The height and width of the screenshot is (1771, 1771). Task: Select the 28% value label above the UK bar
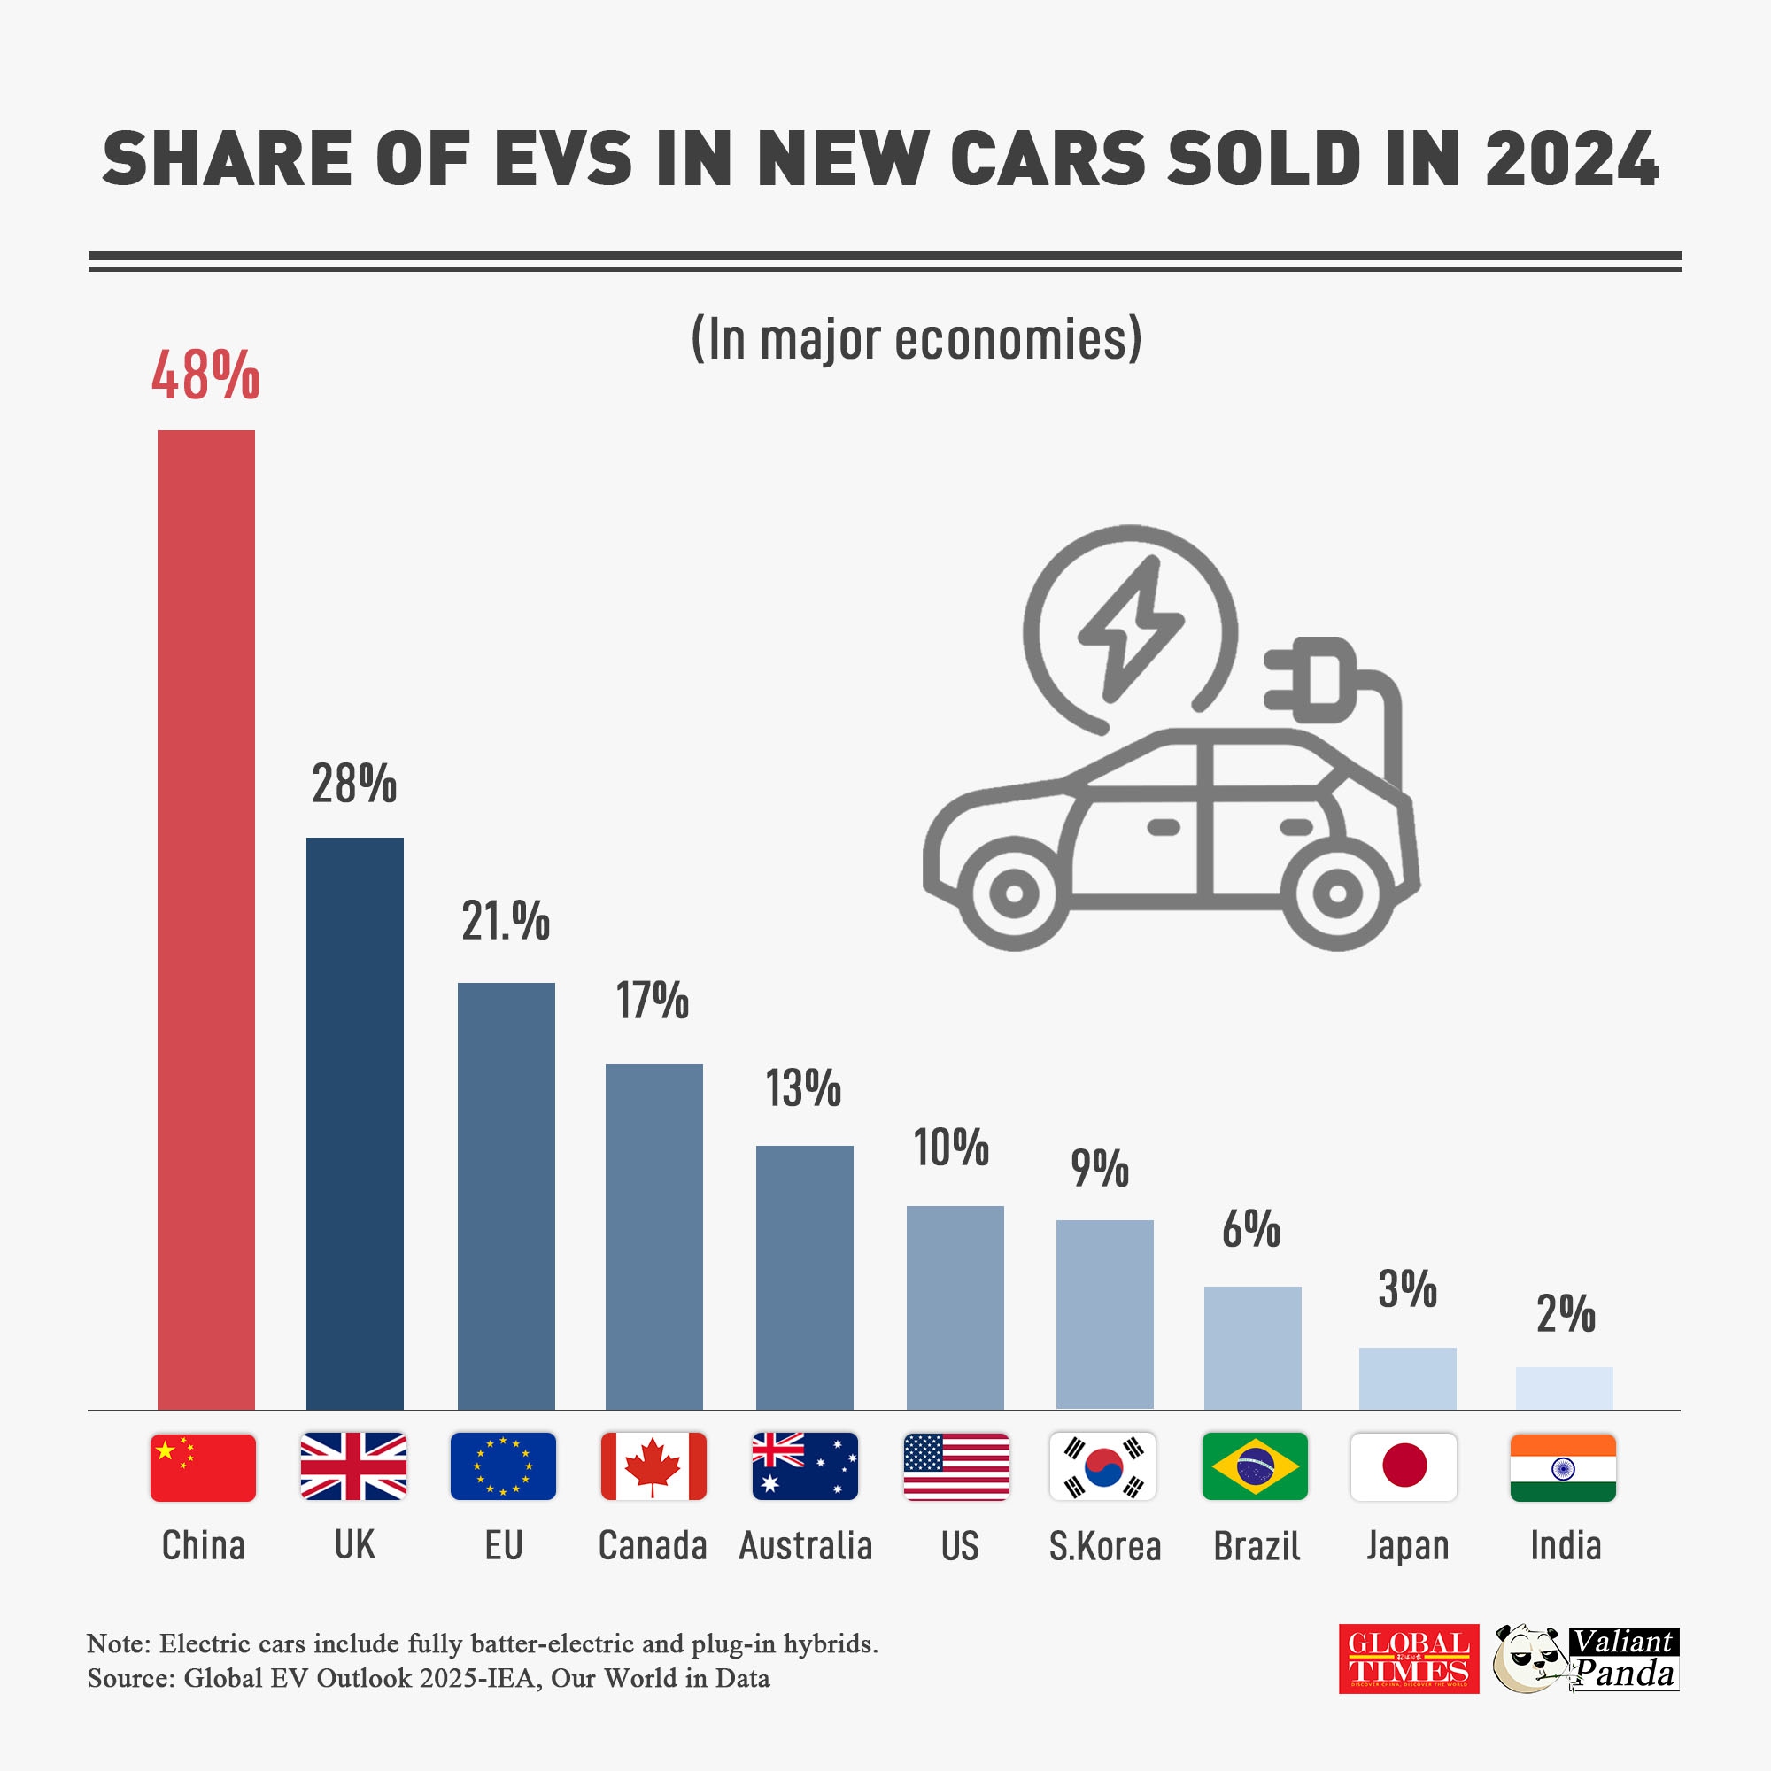pyautogui.click(x=354, y=785)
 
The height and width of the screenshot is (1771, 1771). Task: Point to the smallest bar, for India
pyautogui.click(x=1564, y=1388)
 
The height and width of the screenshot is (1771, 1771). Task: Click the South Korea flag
pyautogui.click(x=1102, y=1466)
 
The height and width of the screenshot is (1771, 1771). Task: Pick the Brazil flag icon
pyautogui.click(x=1254, y=1466)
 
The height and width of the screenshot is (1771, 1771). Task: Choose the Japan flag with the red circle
pyautogui.click(x=1404, y=1466)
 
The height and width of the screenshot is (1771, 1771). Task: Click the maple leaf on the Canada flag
pyautogui.click(x=652, y=1465)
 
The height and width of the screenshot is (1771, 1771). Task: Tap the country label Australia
pyautogui.click(x=805, y=1546)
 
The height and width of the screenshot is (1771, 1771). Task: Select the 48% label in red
pyautogui.click(x=205, y=375)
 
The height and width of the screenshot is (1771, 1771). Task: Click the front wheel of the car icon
pyautogui.click(x=1014, y=893)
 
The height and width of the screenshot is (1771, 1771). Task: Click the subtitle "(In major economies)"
pyautogui.click(x=916, y=339)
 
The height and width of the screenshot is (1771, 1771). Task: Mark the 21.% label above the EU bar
pyautogui.click(x=505, y=921)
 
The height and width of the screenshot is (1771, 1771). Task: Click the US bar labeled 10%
pyautogui.click(x=955, y=1307)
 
